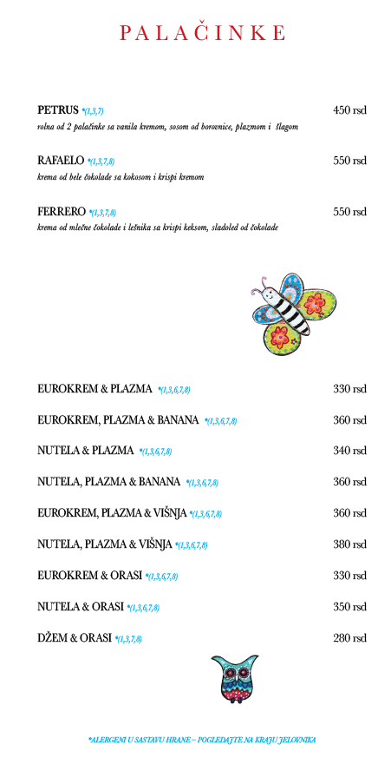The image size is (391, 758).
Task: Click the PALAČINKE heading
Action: pos(202,32)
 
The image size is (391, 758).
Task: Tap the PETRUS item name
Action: pos(57,110)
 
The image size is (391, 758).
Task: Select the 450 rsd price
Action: pos(349,110)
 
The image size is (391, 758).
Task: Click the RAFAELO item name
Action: pos(61,161)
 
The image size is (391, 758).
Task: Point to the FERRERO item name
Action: pos(62,211)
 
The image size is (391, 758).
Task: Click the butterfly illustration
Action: pos(294,313)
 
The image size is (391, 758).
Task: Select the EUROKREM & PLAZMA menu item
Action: pos(94,389)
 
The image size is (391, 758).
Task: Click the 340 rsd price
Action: pos(349,451)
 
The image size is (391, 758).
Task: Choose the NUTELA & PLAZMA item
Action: pos(86,451)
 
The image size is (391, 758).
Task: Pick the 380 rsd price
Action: pos(349,544)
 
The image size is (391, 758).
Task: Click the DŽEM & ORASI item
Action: pos(75,638)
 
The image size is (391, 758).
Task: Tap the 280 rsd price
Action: pos(349,638)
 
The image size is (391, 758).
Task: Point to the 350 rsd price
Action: pos(349,607)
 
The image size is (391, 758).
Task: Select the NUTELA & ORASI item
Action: pos(81,607)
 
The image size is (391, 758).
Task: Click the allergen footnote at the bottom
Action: pos(202,740)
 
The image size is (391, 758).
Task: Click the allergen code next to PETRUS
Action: pos(93,112)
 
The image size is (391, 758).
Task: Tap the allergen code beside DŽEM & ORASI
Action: pos(129,639)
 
